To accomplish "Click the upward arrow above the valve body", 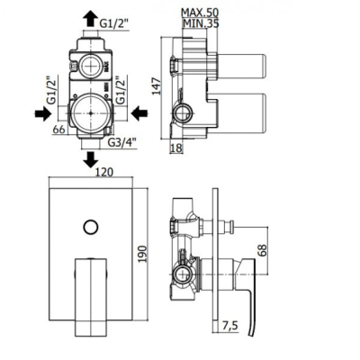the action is pyautogui.click(x=90, y=19).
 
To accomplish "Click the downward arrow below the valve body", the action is pyautogui.click(x=90, y=159).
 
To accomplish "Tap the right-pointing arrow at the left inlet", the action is pyautogui.click(x=43, y=113).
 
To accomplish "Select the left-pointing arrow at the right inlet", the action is pyautogui.click(x=139, y=113).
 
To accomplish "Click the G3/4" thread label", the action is pyautogui.click(x=122, y=142).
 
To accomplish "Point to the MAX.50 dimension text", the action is pyautogui.click(x=200, y=13).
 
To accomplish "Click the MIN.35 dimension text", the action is pyautogui.click(x=201, y=23).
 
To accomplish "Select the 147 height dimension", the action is pyautogui.click(x=156, y=86).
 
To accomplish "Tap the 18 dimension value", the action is pyautogui.click(x=176, y=148).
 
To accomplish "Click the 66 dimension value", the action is pyautogui.click(x=58, y=130).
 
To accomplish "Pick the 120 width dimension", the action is pyautogui.click(x=104, y=172).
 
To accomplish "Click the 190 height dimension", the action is pyautogui.click(x=143, y=254).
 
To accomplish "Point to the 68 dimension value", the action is pyautogui.click(x=262, y=250).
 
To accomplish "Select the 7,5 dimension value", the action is pyautogui.click(x=230, y=325).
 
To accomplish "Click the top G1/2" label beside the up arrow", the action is pyautogui.click(x=114, y=23).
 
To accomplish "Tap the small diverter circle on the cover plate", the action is pyautogui.click(x=91, y=227).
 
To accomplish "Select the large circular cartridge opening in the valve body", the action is pyautogui.click(x=91, y=113).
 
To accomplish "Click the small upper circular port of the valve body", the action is pyautogui.click(x=90, y=66).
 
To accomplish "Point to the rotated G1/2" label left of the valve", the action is pyautogui.click(x=52, y=92).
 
